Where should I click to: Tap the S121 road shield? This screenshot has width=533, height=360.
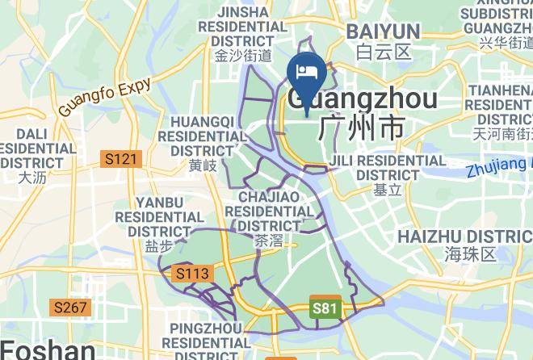[121, 160]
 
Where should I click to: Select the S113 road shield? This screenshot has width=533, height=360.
[192, 274]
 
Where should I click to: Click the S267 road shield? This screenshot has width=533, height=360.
[71, 308]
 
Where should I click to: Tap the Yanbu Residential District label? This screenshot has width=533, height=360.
[159, 216]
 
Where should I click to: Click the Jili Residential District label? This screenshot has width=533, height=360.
[388, 167]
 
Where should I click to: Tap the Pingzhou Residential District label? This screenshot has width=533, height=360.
[205, 341]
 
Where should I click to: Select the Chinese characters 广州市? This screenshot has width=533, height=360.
[361, 128]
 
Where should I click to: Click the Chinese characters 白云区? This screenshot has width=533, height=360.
[384, 52]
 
